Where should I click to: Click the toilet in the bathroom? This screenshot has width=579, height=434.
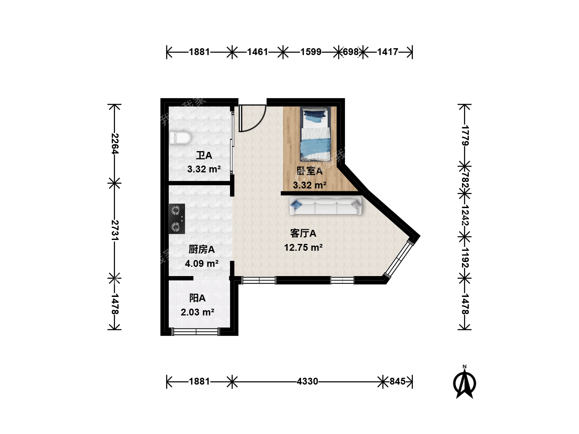(x=180, y=138)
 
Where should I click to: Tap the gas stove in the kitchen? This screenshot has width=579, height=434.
(x=177, y=219)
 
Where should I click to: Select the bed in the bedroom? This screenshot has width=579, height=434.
(x=315, y=133)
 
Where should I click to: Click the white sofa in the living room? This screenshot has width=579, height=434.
(x=326, y=206)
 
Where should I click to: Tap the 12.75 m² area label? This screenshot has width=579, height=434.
(x=303, y=248)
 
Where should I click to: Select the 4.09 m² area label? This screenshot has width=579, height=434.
(x=201, y=263)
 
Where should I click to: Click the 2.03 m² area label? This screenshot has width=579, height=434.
(x=197, y=312)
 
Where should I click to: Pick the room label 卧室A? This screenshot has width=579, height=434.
(x=310, y=171)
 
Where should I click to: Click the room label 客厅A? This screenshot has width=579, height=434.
(x=303, y=233)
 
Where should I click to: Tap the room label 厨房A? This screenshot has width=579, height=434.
(x=201, y=249)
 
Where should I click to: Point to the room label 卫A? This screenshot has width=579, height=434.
(x=204, y=155)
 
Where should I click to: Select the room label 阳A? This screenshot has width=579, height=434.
(x=197, y=298)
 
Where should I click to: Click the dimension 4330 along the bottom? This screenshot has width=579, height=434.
(x=307, y=381)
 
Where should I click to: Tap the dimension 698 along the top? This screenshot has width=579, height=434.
(x=351, y=52)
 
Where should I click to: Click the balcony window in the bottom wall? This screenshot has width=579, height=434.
(x=196, y=332)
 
